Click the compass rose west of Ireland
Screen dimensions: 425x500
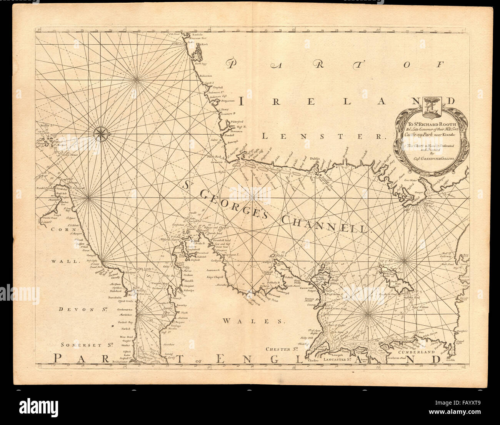[x=101, y=133]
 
